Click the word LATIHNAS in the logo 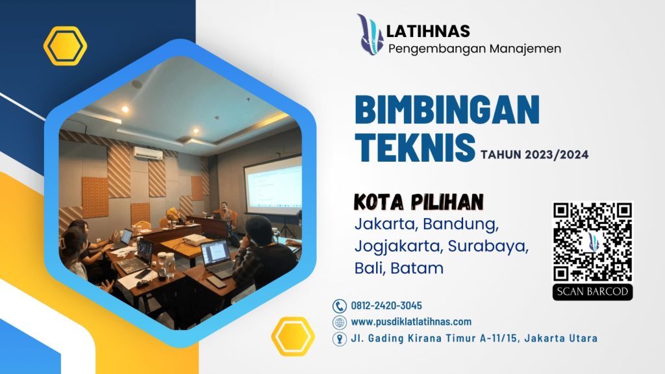pyautogui.click(x=428, y=31)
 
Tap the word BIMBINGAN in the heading pyautogui.click(x=447, y=109)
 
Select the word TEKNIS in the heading pyautogui.click(x=415, y=147)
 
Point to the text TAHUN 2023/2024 pyautogui.click(x=534, y=155)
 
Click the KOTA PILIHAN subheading pyautogui.click(x=419, y=203)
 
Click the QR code pyautogui.click(x=592, y=242)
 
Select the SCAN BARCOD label pyautogui.click(x=592, y=292)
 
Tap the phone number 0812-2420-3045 pyautogui.click(x=386, y=306)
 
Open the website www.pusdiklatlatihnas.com pyautogui.click(x=411, y=322)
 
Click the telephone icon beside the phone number pyautogui.click(x=339, y=306)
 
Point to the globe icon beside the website pyautogui.click(x=339, y=322)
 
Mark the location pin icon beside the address pyautogui.click(x=339, y=339)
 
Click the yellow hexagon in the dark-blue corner pyautogui.click(x=65, y=46)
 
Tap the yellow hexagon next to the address pyautogui.click(x=293, y=336)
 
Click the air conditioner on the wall pyautogui.click(x=148, y=153)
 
